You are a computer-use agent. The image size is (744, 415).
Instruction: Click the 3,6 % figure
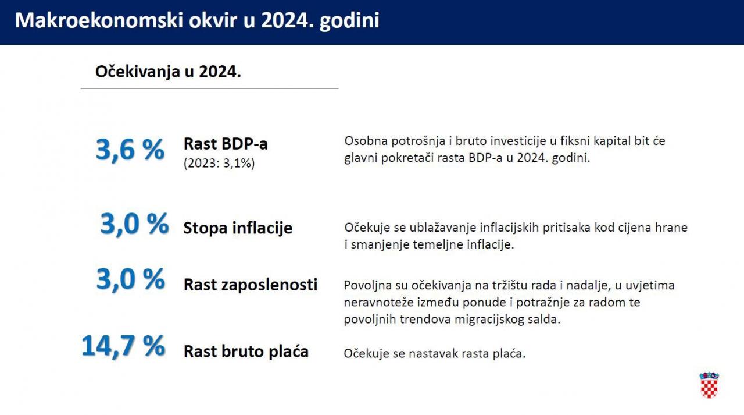130,150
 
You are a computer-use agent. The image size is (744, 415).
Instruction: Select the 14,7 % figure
123,346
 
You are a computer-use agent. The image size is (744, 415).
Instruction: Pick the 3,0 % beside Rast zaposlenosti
131,279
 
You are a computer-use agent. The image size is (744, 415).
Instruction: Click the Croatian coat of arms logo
709,385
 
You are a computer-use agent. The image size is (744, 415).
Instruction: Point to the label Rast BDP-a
226,144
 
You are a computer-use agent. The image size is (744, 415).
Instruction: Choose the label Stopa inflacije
238,228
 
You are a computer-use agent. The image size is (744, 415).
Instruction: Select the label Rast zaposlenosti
251,285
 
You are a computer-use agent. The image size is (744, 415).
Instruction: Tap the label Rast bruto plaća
246,352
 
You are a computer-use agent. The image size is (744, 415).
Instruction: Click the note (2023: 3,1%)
219,164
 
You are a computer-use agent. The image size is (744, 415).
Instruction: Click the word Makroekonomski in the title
99,20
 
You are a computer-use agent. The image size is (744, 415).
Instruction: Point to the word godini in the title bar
349,21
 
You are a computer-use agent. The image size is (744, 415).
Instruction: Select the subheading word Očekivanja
138,72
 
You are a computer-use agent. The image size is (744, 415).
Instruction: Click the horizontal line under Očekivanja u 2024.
210,88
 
